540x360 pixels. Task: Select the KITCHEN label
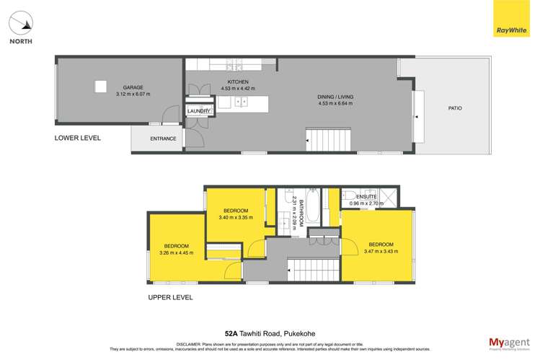coord(238,82)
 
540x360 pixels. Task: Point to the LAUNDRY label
coord(198,111)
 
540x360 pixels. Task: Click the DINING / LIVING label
coord(336,96)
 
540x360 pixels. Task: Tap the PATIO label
coord(455,108)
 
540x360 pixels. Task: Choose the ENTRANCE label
coord(163,139)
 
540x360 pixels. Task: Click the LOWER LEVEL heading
coord(78,137)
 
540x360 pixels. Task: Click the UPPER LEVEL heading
coord(171,297)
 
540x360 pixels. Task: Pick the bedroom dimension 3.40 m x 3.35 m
coord(235,217)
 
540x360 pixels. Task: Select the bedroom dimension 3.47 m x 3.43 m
coord(381,251)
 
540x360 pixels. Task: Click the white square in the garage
coord(101,87)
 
